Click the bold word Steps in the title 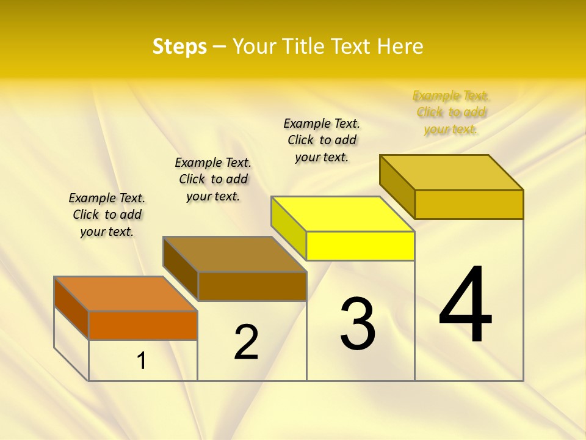tap(179, 46)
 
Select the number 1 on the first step tap(142, 361)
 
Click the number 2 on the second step tap(246, 342)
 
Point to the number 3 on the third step tap(358, 324)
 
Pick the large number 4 tap(466, 304)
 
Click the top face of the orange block tap(125, 294)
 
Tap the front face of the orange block tap(143, 325)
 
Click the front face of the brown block tap(252, 286)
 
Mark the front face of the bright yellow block tap(360, 246)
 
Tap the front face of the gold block tap(469, 204)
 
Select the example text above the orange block tap(107, 215)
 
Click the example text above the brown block tap(213, 179)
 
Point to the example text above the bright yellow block tap(322, 140)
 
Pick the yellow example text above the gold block tap(451, 112)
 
